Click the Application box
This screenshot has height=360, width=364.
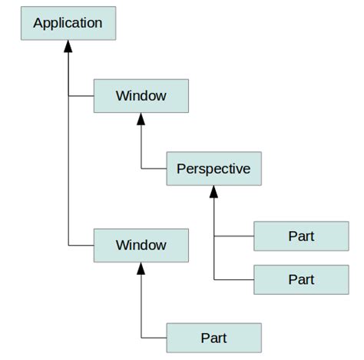[x=68, y=23]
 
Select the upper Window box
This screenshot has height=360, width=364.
[x=141, y=96]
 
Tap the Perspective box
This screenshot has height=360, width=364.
[x=213, y=169]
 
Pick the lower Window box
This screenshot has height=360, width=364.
[x=141, y=246]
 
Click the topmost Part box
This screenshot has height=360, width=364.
[x=301, y=236]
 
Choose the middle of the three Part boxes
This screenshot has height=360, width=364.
[x=301, y=279]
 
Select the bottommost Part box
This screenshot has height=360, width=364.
[x=213, y=338]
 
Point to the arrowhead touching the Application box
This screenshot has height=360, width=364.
[x=68, y=46]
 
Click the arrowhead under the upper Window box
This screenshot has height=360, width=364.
[x=141, y=119]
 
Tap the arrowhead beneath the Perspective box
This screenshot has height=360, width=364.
[x=213, y=192]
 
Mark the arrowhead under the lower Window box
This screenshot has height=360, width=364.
[x=141, y=269]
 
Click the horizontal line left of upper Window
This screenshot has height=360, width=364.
[x=81, y=96]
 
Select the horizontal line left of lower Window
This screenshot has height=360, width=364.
[x=81, y=246]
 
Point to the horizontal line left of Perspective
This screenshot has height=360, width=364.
[x=154, y=169]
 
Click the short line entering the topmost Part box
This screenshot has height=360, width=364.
[x=233, y=236]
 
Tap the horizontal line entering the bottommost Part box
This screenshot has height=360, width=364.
[x=154, y=338]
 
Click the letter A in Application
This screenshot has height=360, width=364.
[x=38, y=23]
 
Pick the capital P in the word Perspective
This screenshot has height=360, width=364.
[x=181, y=169]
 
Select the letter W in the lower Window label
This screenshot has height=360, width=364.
[x=121, y=246]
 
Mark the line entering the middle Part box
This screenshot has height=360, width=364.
[x=233, y=279]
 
